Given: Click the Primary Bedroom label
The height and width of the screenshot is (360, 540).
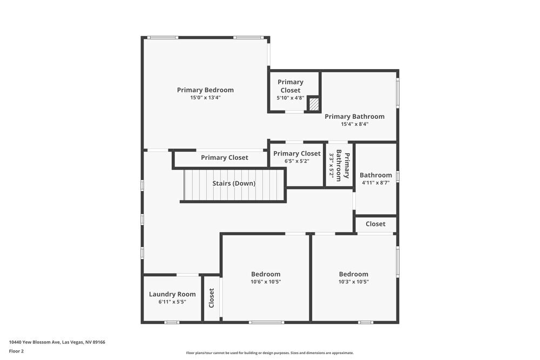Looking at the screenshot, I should coord(205,90).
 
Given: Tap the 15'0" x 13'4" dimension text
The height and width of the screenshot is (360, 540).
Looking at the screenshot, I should coord(205,98).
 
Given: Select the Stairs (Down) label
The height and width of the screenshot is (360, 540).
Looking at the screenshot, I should coord(234,184).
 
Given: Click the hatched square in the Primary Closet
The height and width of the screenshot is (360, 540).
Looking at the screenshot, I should coord(314,104).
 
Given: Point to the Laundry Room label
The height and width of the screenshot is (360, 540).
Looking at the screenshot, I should coord(172,294).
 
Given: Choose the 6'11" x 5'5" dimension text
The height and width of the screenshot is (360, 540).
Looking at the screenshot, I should coord(172,302).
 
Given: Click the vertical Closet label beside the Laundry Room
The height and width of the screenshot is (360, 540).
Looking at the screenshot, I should coord(211,297).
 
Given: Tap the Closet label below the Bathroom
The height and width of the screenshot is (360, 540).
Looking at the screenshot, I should coord(375,224).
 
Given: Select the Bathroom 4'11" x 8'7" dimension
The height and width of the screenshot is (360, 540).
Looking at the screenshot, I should coord(376,183).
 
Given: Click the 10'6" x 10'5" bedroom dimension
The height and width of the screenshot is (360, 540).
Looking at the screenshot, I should coord(266,282).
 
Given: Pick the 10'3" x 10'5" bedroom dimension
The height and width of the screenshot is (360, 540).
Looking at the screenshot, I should coord(354,282).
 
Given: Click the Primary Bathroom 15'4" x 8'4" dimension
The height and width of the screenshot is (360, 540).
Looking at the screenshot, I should coord(354,124).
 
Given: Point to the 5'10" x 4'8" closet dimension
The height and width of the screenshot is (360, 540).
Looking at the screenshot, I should coord(291,98).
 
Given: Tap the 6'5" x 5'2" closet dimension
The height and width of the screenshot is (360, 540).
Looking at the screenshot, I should coord(296,161).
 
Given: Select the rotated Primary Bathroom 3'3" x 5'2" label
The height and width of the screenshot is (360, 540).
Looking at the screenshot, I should coord(339,166).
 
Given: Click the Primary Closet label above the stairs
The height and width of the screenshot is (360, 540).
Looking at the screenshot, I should coord(225,158).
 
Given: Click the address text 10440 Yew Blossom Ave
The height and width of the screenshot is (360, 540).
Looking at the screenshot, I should coord(57,342).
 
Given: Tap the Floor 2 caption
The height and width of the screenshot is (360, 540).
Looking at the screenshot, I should coord(16,351).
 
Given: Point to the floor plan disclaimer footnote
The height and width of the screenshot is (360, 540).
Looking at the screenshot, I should coord(270,353).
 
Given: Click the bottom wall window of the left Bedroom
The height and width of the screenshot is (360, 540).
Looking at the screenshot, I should coord(266,322).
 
